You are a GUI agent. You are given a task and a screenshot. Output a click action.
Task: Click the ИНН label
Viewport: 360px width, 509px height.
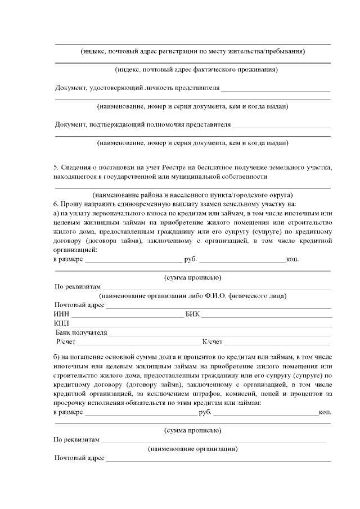(x=61, y=314)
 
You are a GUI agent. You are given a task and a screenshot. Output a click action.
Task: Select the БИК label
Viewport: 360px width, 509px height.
(x=192, y=314)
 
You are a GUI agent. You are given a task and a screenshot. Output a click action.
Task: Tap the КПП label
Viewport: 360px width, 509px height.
(x=61, y=323)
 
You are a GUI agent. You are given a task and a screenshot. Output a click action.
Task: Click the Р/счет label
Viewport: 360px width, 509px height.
(x=66, y=342)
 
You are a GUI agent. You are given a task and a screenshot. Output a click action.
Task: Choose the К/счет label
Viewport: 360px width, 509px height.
(x=212, y=342)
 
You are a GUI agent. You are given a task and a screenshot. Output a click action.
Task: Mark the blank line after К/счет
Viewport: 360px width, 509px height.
(x=277, y=344)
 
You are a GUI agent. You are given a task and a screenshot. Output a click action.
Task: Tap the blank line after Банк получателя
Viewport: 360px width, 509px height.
(x=219, y=335)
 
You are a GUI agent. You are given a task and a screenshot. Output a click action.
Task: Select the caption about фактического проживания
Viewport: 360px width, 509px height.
(x=192, y=70)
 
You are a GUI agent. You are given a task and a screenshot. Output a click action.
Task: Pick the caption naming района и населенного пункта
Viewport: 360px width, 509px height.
(x=192, y=195)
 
